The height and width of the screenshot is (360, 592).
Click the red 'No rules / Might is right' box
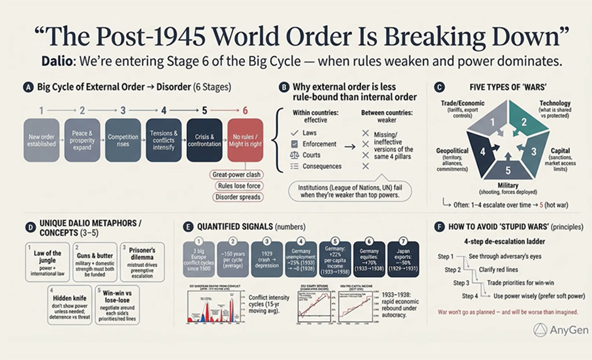click(245, 140)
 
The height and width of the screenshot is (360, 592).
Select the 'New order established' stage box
click(41, 140)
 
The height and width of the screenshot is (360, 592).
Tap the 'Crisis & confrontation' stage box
click(204, 140)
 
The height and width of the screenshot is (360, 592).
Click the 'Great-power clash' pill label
click(236, 174)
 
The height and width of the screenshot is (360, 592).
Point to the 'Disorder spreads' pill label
click(236, 197)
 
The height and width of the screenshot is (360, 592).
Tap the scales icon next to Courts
click(295, 155)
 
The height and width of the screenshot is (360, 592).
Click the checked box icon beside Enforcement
click(295, 144)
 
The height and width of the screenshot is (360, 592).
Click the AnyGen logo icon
click(540, 330)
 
